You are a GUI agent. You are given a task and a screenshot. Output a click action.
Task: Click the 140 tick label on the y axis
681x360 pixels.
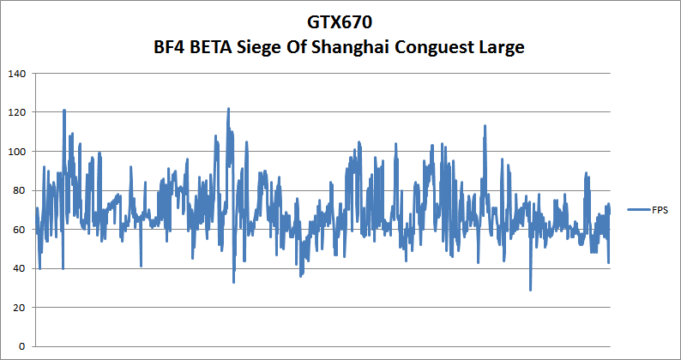pyautogui.click(x=15, y=74)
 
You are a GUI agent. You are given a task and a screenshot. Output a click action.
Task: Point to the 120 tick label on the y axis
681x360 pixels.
pyautogui.click(x=15, y=112)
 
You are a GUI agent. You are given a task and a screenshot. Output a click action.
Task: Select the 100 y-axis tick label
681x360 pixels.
pyautogui.click(x=15, y=152)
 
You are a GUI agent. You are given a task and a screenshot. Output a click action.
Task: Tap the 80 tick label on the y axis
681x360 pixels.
pyautogui.click(x=18, y=190)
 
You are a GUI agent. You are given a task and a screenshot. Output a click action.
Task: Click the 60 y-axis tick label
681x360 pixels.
pyautogui.click(x=18, y=230)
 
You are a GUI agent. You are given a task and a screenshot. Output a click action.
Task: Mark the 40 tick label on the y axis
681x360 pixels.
pyautogui.click(x=18, y=268)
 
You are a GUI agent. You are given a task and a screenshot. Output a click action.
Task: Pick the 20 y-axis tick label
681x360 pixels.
pyautogui.click(x=18, y=308)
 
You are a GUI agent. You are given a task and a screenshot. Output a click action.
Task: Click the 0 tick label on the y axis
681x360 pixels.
pyautogui.click(x=21, y=346)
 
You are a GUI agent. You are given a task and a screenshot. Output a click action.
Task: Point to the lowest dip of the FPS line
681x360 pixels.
pyautogui.click(x=530, y=289)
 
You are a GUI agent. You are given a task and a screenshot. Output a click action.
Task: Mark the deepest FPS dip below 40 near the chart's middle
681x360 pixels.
pyautogui.click(x=233, y=281)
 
